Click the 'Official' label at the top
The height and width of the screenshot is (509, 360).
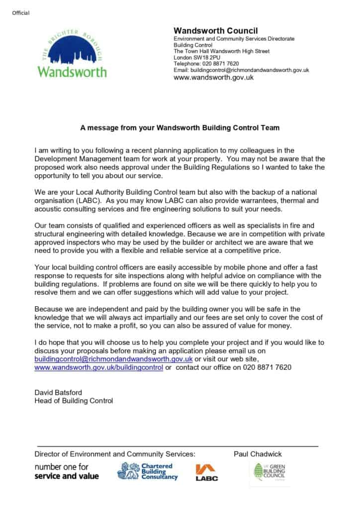pyautogui.click(x=21, y=13)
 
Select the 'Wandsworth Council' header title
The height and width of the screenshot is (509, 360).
pyautogui.click(x=215, y=31)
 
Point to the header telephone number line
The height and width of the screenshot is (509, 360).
pyautogui.click(x=206, y=64)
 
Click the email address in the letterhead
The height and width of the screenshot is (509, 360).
pyautogui.click(x=241, y=70)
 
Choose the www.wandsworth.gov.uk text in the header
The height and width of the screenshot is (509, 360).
pyautogui.click(x=213, y=77)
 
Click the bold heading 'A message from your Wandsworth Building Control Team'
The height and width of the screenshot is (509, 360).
pyautogui.click(x=180, y=128)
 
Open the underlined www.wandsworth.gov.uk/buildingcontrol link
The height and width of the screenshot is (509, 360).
pyautogui.click(x=98, y=367)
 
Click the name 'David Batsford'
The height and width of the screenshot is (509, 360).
pyautogui.click(x=58, y=392)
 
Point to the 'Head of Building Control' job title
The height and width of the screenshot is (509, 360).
pyautogui.click(x=74, y=401)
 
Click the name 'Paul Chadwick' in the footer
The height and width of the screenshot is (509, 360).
pyautogui.click(x=258, y=454)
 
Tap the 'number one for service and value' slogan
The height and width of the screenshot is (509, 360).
pyautogui.click(x=66, y=472)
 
